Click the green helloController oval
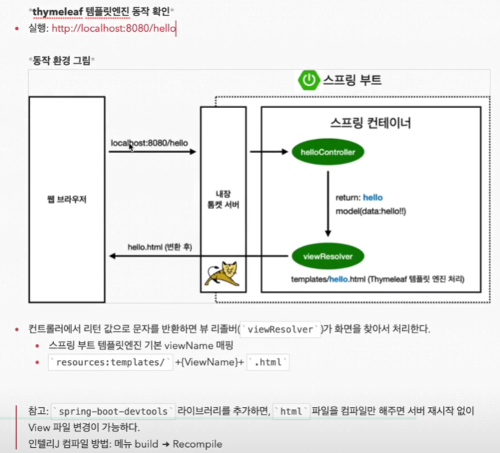pyautogui.click(x=328, y=153)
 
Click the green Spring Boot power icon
pyautogui.click(x=307, y=81)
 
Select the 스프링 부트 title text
pyautogui.click(x=352, y=81)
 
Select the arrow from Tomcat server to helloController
pyautogui.click(x=267, y=153)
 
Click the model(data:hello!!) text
pyautogui.click(x=371, y=211)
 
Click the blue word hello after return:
pyautogui.click(x=372, y=197)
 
